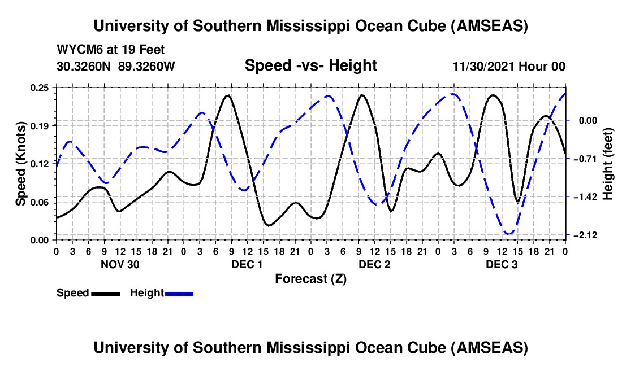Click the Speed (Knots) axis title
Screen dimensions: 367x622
point(20,163)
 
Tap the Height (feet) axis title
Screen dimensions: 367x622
point(608,163)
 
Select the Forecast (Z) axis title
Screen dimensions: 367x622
point(310,278)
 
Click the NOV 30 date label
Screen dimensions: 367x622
point(120,264)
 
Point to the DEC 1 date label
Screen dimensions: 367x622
point(248,264)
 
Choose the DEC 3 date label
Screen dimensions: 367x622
point(502,264)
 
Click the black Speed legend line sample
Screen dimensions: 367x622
point(105,293)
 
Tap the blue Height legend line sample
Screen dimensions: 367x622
point(179,293)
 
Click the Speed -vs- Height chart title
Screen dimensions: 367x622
point(310,65)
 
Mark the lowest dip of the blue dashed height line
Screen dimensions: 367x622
point(508,233)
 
